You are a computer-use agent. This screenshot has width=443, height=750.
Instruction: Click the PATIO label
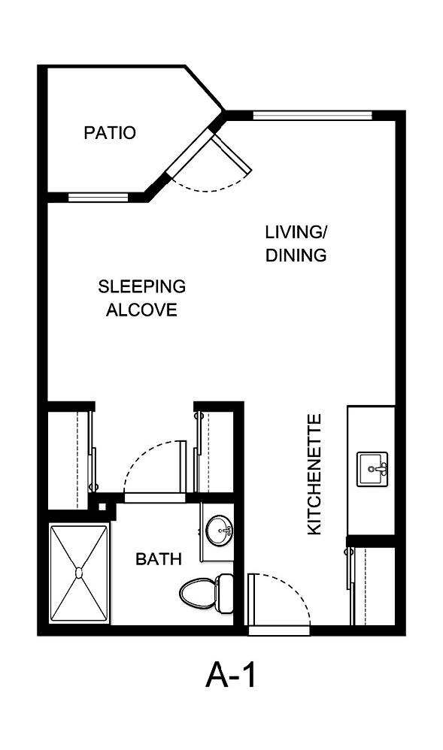tap(110, 133)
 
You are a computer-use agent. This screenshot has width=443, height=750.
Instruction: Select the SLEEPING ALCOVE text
tap(141, 298)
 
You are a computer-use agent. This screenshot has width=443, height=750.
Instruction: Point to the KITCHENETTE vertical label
tap(314, 474)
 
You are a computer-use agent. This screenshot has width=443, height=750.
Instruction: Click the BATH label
tap(158, 559)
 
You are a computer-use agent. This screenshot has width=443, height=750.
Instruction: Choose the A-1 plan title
tap(231, 675)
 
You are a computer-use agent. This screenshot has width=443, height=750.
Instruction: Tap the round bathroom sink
tap(220, 531)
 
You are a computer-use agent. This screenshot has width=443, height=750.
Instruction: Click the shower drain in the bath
tap(78, 573)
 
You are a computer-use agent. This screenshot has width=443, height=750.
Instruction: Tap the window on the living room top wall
tap(312, 116)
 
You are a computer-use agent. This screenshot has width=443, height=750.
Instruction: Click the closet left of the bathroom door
tap(69, 458)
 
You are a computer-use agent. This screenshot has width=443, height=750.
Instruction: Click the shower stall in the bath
tap(78, 573)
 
